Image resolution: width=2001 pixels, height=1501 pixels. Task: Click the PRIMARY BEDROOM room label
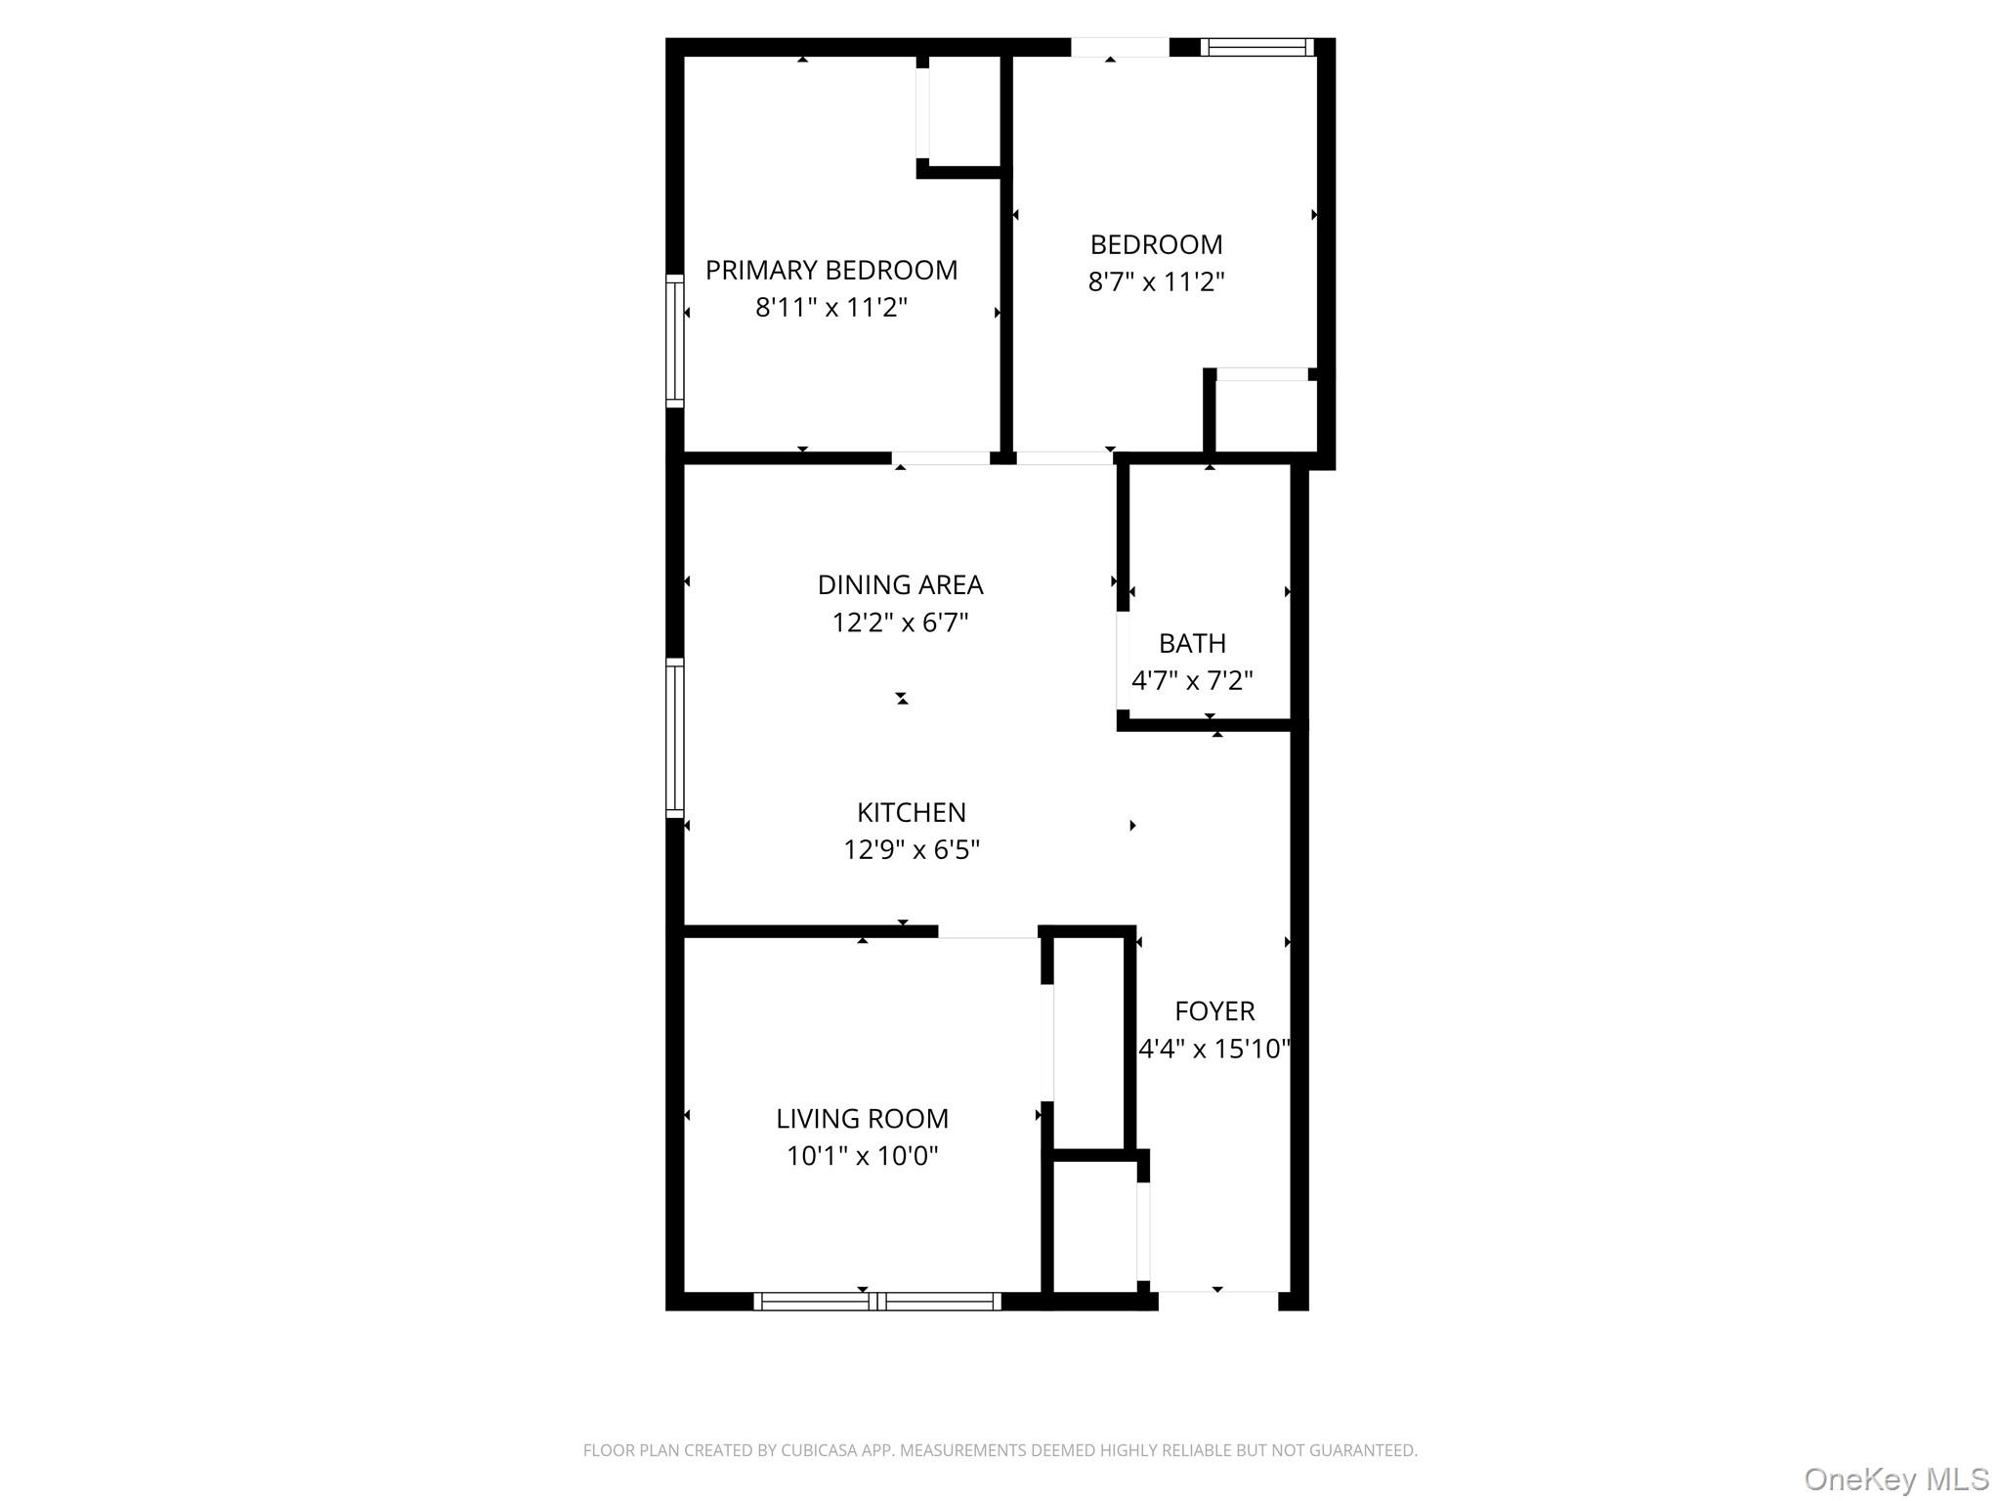831,270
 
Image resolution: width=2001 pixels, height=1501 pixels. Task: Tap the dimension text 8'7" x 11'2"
1156,282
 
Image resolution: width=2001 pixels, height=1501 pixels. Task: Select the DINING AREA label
900,584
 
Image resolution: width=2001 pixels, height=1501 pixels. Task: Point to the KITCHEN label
911,812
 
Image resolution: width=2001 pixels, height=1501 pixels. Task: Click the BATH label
1192,643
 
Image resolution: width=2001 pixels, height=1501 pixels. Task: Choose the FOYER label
1214,1010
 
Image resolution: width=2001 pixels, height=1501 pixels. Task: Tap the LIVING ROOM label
862,1118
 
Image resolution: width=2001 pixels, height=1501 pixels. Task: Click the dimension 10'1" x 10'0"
862,1156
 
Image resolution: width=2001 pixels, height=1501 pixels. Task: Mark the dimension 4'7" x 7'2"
1192,680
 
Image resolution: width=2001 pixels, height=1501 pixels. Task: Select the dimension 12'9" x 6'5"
911,850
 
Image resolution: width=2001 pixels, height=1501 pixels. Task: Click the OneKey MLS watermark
1895,1479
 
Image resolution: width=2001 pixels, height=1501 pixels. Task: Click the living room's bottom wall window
876,1301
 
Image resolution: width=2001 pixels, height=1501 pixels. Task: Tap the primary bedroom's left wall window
674,340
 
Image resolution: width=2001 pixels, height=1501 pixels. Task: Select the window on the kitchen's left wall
674,738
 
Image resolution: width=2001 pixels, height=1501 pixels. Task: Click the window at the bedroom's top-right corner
1256,47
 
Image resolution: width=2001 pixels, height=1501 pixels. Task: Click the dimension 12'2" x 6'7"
900,622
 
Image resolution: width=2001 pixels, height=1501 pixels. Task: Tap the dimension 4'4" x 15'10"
1214,1049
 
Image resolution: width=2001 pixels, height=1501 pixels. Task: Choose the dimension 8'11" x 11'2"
831,308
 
